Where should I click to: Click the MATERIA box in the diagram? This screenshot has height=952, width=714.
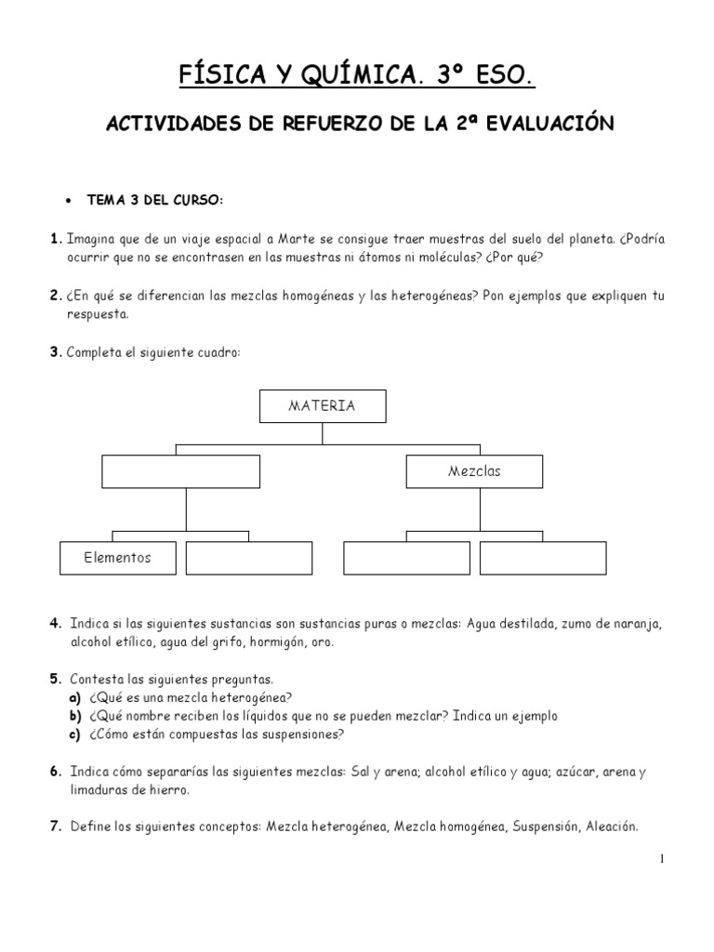coord(322,406)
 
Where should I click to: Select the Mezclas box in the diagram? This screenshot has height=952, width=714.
coord(474,471)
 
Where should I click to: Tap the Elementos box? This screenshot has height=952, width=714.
coord(117,558)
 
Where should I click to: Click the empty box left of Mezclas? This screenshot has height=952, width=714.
coord(186,471)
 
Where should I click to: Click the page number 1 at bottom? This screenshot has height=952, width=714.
coord(661,859)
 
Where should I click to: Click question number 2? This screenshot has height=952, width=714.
coord(55,296)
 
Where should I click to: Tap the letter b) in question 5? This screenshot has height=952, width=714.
coord(75,716)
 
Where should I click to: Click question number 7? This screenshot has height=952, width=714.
coord(56,826)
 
